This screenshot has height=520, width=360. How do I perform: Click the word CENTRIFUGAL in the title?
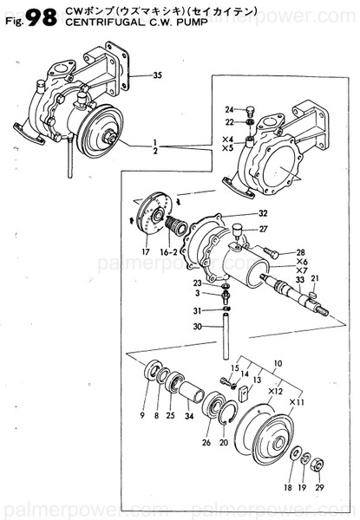[x=86, y=25]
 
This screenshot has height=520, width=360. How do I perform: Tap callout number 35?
[x=157, y=75]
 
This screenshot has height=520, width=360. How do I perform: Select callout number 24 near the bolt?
[x=229, y=109]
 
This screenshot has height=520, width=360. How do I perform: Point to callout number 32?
[x=261, y=213]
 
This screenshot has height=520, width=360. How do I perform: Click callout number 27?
[x=261, y=230]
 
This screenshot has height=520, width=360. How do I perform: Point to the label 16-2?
[x=171, y=252]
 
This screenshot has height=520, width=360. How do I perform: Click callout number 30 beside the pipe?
[x=198, y=327]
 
